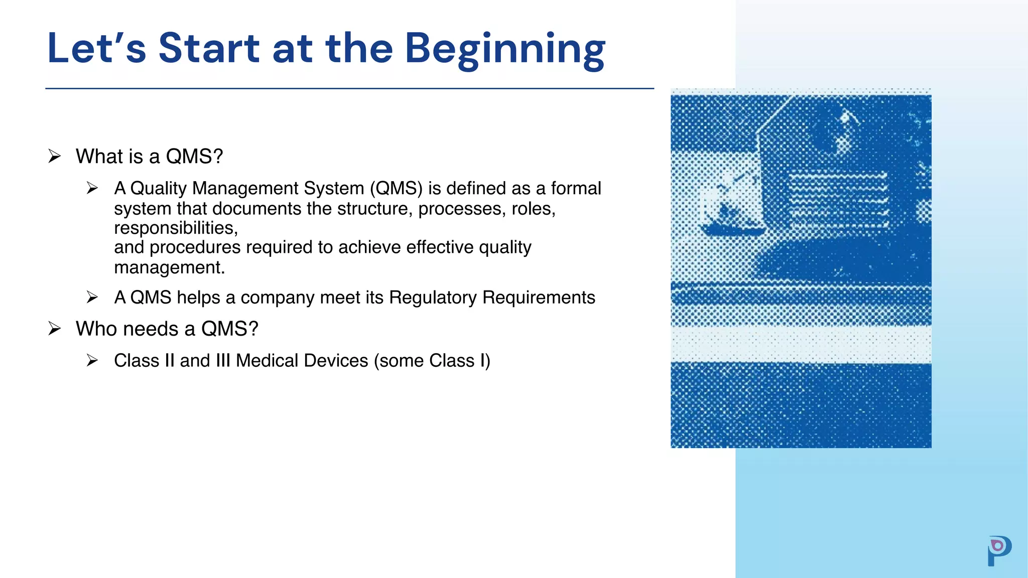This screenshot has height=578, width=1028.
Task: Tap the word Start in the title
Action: tap(209, 49)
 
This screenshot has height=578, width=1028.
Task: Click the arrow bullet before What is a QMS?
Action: tap(54, 156)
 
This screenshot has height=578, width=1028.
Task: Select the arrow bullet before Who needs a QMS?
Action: tap(54, 329)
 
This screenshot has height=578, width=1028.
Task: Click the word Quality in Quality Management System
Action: tap(159, 189)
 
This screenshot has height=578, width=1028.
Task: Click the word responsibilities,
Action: tap(176, 228)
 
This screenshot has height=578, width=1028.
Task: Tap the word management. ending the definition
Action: tap(169, 267)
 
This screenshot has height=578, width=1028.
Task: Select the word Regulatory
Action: tap(433, 298)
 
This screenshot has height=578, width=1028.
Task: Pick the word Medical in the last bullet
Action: tap(267, 361)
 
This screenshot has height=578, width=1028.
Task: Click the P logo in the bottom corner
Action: tap(999, 550)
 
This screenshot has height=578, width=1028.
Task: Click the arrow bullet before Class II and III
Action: tap(92, 360)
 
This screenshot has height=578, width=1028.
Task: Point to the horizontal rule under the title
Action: tap(349, 89)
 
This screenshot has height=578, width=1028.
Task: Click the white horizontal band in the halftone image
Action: tap(801, 345)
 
